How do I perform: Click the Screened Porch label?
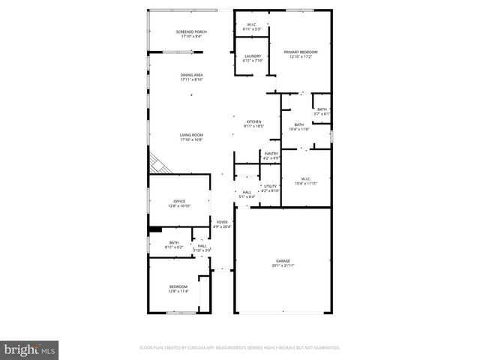pos(191,34)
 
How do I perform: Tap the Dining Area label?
pos(191,77)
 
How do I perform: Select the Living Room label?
pos(191,137)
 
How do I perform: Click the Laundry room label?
pos(253,58)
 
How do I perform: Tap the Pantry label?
pos(271,156)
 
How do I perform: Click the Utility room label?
pos(271,188)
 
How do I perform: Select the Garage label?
pos(283,262)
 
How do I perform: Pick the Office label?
pos(178,203)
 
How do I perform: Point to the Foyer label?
pos(223,224)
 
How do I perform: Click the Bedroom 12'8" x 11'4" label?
pos(178,289)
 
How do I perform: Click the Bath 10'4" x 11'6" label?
pos(298,127)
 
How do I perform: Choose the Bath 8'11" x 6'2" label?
pos(173,244)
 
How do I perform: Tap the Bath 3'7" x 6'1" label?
pos(322,112)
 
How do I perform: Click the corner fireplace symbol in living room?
pos(158,163)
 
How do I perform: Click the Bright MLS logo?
pos(30,349)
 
